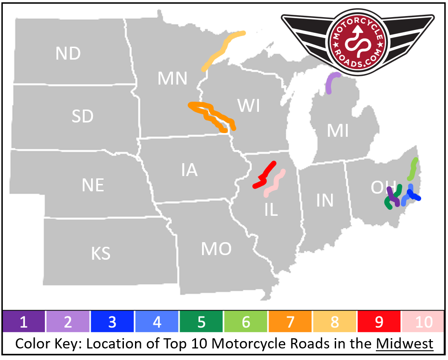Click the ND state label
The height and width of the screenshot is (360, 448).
tap(68, 54)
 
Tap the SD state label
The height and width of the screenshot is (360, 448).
tap(82, 116)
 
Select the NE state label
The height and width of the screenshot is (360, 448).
tap(92, 185)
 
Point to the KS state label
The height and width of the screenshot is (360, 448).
tap(100, 253)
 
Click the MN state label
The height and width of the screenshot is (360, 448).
tap(172, 79)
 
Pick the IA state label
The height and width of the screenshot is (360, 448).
tap(189, 171)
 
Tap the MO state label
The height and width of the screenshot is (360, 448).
tap(216, 249)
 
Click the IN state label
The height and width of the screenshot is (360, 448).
tap(325, 200)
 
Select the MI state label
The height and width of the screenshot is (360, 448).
tap(338, 131)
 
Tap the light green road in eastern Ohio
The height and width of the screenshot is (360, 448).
tap(412, 169)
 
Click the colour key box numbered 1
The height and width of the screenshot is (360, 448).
tap(24, 322)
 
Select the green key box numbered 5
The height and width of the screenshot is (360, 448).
tap(201, 322)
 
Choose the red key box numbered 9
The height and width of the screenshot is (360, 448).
tap(379, 322)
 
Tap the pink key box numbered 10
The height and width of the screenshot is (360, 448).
tap(423, 322)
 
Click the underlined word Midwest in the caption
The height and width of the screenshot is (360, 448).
tap(405, 344)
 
